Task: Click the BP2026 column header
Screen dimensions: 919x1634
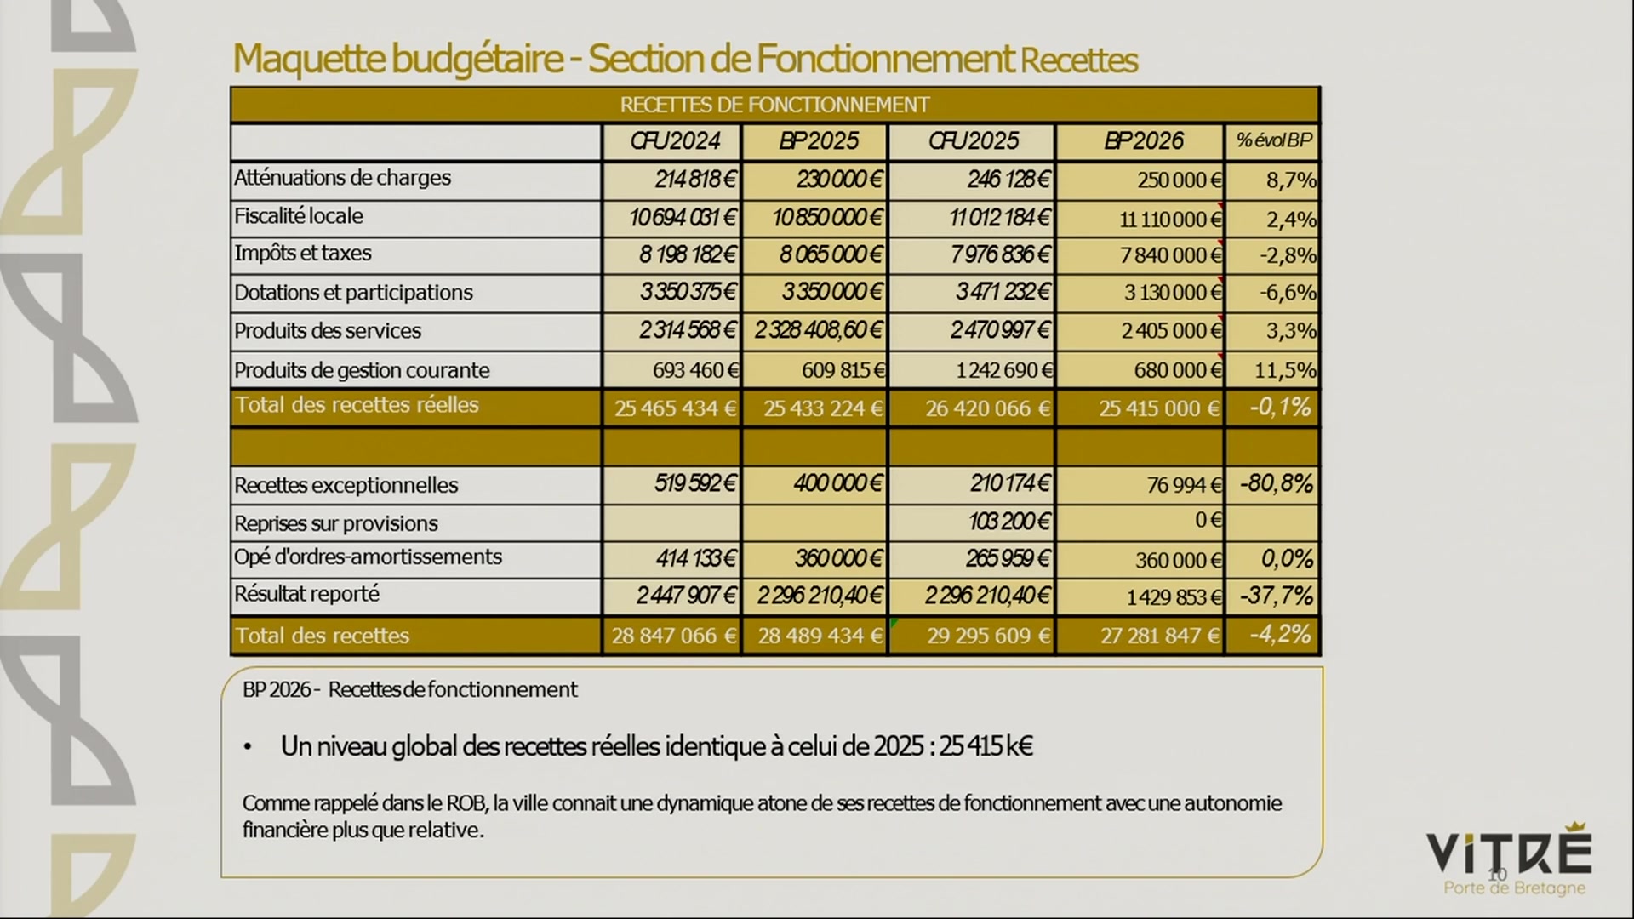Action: point(1143,141)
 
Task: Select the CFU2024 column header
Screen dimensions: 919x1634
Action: point(675,141)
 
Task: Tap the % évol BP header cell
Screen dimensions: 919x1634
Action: point(1273,141)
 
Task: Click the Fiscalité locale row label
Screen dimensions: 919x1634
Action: point(299,216)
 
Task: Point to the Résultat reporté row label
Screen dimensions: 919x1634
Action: point(306,594)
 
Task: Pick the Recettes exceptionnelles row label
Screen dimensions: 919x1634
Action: point(346,485)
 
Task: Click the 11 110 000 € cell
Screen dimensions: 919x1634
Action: point(1170,220)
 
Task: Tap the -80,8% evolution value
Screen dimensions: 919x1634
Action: point(1276,484)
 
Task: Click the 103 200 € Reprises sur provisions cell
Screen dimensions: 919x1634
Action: point(1008,521)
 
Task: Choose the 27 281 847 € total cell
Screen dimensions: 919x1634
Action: point(1159,636)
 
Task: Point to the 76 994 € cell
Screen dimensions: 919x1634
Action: point(1184,485)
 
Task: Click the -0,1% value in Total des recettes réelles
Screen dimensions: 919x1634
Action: point(1279,408)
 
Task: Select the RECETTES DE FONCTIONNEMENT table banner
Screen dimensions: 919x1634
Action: point(774,105)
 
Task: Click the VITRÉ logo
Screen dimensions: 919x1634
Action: point(1508,853)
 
